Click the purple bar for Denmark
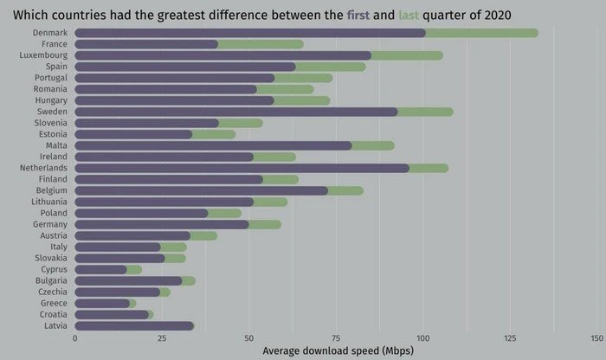tap(251, 33)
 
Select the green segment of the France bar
tap(261, 44)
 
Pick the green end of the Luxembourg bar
tap(407, 55)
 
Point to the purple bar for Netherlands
tap(242, 168)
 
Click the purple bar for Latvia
tap(134, 326)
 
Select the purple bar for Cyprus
tap(100, 269)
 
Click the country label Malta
tap(56, 145)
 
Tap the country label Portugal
tap(50, 78)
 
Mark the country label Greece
tap(55, 303)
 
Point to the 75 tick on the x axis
tap(336, 338)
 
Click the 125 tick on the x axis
tap(510, 338)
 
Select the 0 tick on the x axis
tap(75, 338)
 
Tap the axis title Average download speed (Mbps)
tap(337, 350)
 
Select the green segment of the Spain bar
tap(331, 67)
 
